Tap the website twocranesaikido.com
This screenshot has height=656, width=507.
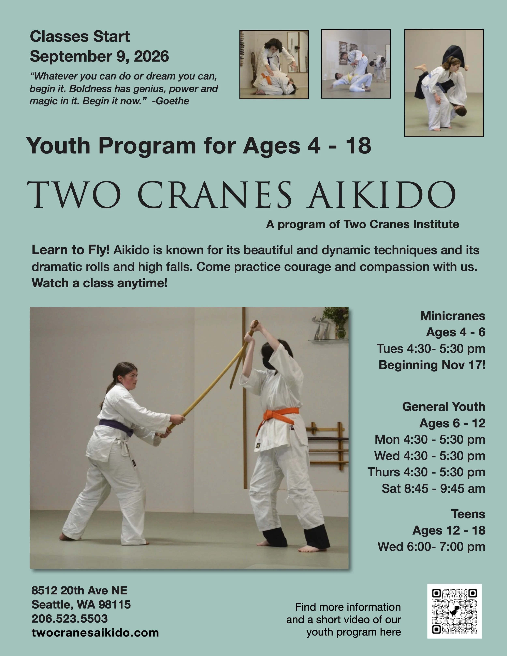95,632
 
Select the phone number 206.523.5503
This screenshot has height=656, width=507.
69,618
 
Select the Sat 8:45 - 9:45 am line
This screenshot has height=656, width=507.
433,489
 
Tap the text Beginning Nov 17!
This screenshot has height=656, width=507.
432,365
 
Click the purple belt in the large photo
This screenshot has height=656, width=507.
117,427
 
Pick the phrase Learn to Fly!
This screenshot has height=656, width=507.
71,250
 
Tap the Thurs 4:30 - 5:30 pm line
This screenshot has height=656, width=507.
426,472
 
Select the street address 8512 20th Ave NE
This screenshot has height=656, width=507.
79,591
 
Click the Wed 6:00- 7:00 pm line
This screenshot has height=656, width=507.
431,547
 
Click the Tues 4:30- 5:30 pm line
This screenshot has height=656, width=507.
431,349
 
